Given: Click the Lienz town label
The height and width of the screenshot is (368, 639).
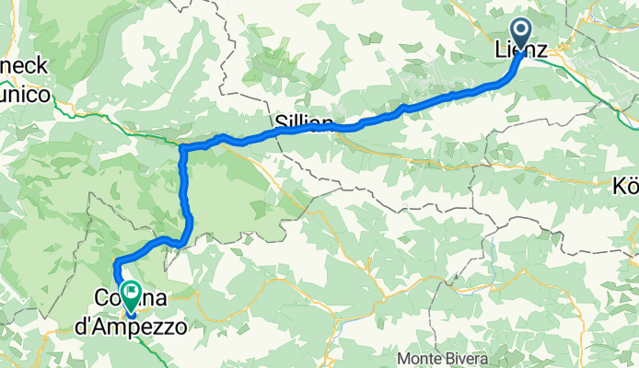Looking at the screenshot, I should [522, 54].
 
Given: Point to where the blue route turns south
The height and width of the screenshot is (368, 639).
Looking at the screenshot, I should [183, 149].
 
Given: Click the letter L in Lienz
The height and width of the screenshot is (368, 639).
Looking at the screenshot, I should [502, 54].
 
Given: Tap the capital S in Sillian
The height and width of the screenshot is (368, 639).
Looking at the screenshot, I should [280, 121].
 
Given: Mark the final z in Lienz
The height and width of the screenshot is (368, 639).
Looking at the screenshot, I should [542, 54].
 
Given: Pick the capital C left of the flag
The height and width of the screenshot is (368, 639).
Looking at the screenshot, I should [101, 300].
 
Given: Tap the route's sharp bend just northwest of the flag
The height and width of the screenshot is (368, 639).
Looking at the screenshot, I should [117, 264].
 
